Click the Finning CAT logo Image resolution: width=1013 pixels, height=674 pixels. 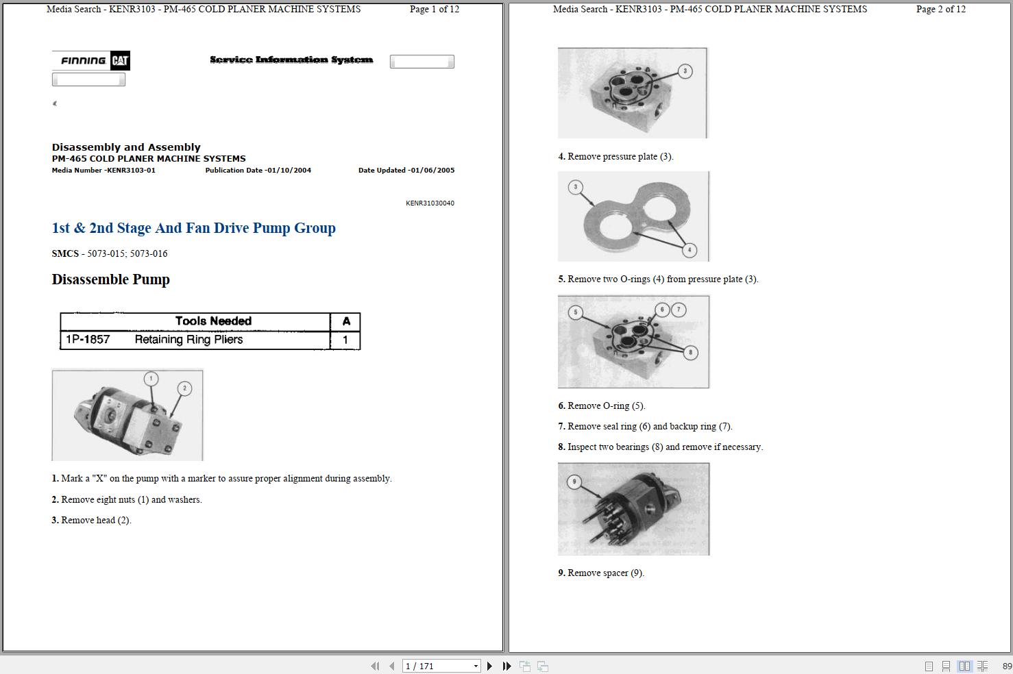click(x=91, y=60)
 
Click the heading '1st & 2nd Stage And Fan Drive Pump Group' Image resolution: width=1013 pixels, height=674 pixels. click(x=193, y=228)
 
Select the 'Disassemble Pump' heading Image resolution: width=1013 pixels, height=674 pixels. click(x=110, y=279)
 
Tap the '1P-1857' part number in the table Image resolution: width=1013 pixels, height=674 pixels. click(x=88, y=340)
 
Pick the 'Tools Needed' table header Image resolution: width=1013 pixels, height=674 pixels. click(x=212, y=321)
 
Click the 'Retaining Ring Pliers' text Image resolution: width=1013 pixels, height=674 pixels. click(x=188, y=340)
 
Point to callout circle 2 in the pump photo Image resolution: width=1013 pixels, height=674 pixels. click(x=184, y=388)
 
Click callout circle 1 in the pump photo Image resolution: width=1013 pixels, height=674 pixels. click(x=151, y=379)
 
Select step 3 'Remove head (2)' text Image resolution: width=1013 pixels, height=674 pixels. click(x=91, y=520)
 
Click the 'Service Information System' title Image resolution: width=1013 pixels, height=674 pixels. click(x=291, y=60)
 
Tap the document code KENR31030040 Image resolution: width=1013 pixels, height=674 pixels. click(x=430, y=203)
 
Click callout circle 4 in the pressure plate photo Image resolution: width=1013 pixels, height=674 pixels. click(x=689, y=250)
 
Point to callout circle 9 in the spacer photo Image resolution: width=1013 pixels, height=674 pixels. click(x=574, y=482)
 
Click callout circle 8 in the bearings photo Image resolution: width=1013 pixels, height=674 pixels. click(x=690, y=353)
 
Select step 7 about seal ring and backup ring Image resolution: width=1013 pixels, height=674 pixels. click(x=645, y=427)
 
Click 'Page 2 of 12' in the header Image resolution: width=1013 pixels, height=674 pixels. click(x=940, y=10)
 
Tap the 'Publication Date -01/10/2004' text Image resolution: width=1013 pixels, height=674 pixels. click(x=258, y=171)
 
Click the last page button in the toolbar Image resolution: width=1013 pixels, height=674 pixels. click(x=506, y=666)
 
